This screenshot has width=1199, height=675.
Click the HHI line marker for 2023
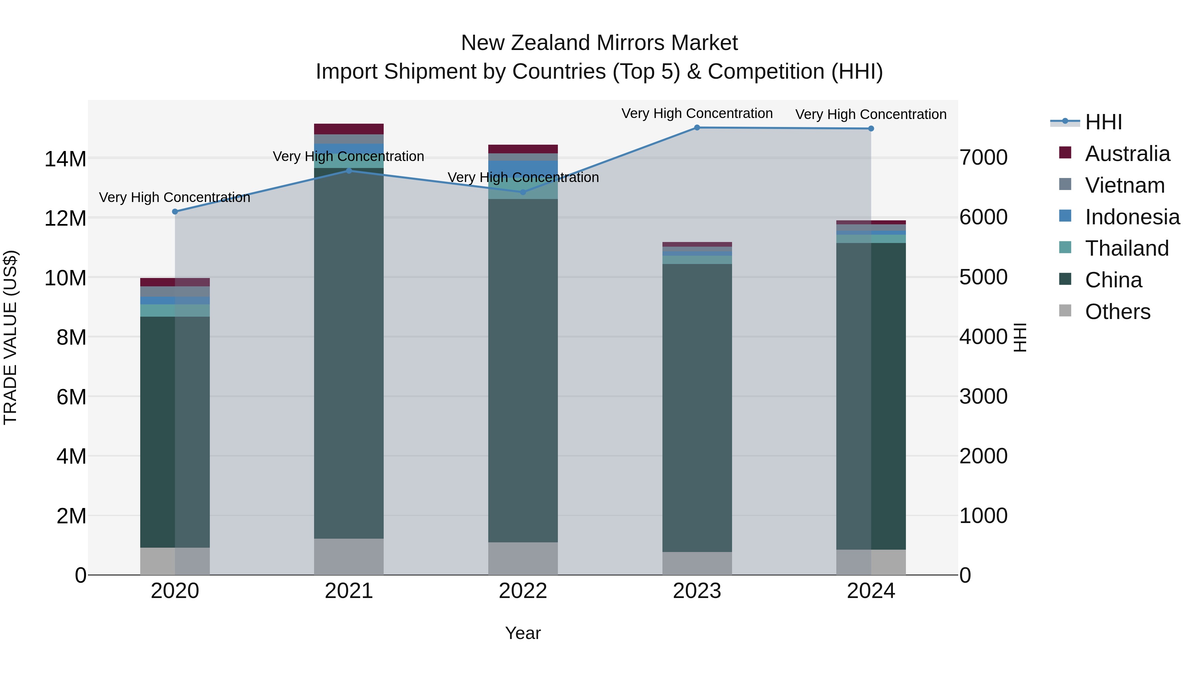[697, 128]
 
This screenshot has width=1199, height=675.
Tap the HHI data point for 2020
[175, 211]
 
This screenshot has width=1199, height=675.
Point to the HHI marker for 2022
[523, 192]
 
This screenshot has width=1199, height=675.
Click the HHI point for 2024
[871, 129]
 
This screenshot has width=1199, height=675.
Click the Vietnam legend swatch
[1065, 184]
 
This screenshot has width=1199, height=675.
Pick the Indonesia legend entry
[1132, 217]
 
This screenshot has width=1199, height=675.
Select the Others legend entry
[1117, 312]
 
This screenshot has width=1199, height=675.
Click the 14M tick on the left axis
[65, 159]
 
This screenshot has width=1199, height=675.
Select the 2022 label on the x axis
[523, 591]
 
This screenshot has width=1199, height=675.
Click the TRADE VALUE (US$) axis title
[10, 337]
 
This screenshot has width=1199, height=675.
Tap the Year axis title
[523, 633]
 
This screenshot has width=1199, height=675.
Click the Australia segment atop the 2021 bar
[349, 129]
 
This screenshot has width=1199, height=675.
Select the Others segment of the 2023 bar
[697, 563]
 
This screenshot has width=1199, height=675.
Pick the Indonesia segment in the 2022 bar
[523, 168]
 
